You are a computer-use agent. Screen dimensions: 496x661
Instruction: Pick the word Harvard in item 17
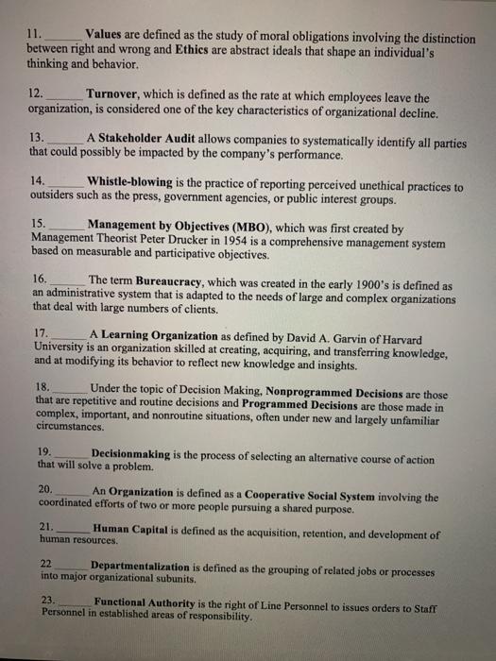[422, 334]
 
